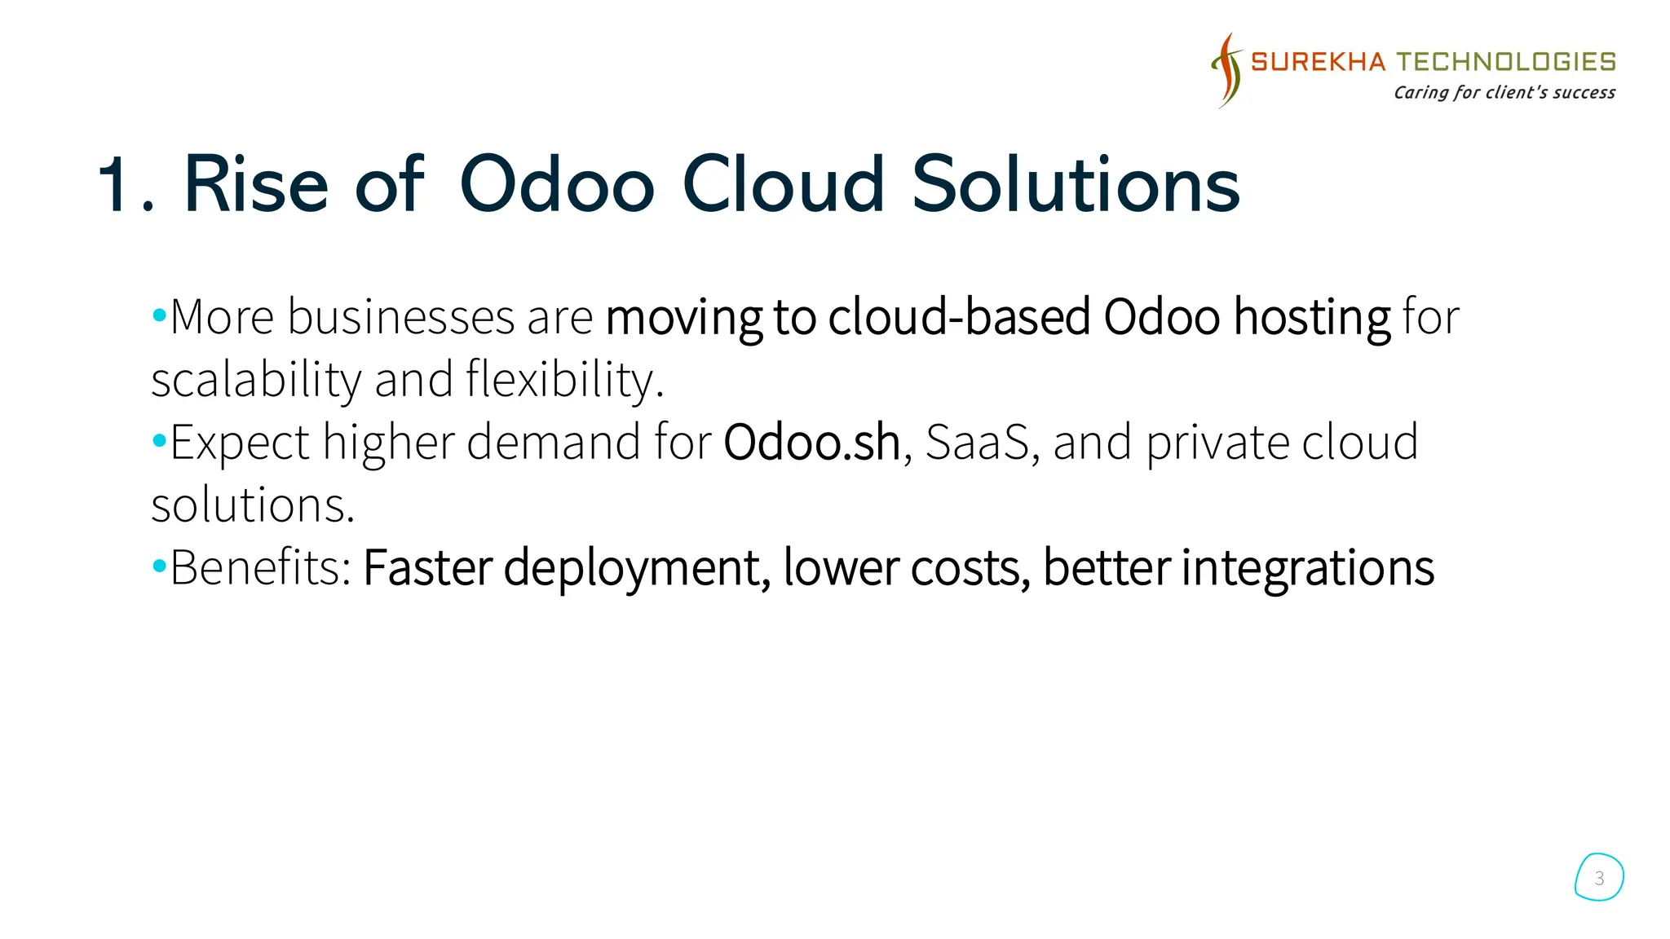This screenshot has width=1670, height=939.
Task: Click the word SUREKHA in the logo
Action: (x=1317, y=62)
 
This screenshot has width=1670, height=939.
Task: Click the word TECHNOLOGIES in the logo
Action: (x=1506, y=62)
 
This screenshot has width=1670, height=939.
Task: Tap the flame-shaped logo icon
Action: (x=1226, y=70)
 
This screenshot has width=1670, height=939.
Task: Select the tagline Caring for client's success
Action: (x=1504, y=92)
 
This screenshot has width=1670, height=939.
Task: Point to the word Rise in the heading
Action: (x=255, y=185)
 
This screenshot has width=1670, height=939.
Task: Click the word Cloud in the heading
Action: (x=783, y=185)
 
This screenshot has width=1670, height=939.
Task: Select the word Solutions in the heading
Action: (x=1075, y=185)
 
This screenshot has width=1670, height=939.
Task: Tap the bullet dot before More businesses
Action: (x=159, y=315)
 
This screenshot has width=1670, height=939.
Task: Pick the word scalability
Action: (x=256, y=380)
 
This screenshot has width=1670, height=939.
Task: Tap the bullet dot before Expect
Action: (x=159, y=442)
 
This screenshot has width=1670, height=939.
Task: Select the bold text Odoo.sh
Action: (x=811, y=443)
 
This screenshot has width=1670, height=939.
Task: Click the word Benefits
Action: (x=259, y=567)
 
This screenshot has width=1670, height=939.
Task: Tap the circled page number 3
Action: (x=1599, y=878)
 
